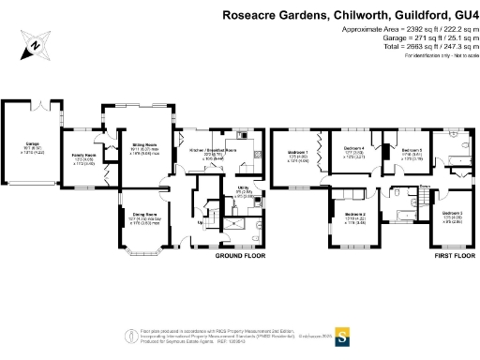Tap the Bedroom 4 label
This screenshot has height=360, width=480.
click(x=354, y=147)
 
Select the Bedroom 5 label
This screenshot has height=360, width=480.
click(x=412, y=149)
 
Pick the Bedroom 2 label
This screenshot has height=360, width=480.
click(x=354, y=215)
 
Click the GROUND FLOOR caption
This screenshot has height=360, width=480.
click(x=241, y=255)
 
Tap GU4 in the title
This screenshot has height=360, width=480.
click(x=466, y=15)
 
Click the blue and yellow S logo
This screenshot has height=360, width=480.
click(x=343, y=335)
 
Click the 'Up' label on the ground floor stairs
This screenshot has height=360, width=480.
click(x=201, y=222)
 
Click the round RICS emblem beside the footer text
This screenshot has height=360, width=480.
click(x=130, y=337)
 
